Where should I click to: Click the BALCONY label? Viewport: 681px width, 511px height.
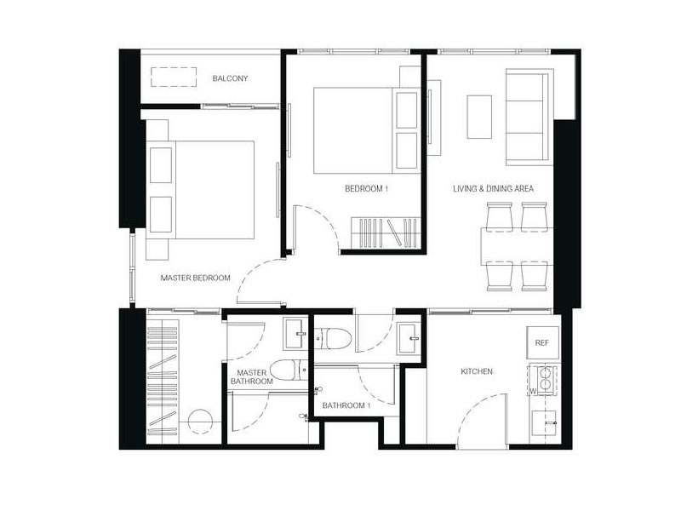pos(230,78)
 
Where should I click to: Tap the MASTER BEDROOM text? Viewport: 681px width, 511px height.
pos(196,278)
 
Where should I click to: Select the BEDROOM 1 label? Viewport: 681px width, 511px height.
pos(366,188)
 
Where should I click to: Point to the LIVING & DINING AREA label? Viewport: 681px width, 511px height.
pos(494,188)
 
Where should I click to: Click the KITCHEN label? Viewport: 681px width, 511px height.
pos(477,371)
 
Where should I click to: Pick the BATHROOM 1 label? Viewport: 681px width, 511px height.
pos(346,405)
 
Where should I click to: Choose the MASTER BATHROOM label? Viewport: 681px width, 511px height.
pos(252,377)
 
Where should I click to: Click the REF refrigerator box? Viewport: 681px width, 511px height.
pos(542,342)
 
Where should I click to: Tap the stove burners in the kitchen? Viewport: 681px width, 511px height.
pos(545,378)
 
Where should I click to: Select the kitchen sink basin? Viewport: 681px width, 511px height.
pos(544,422)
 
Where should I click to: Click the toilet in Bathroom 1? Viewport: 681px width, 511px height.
pos(332,338)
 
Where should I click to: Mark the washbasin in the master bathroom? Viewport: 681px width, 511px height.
pos(295,334)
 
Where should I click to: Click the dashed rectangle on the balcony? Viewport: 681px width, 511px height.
pos(174,77)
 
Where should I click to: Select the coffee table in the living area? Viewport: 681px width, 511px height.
pos(479,117)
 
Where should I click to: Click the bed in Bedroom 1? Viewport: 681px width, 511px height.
pos(368,130)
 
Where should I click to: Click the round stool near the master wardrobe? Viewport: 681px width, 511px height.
pos(200,421)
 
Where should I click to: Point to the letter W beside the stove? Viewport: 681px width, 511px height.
pos(533,391)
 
